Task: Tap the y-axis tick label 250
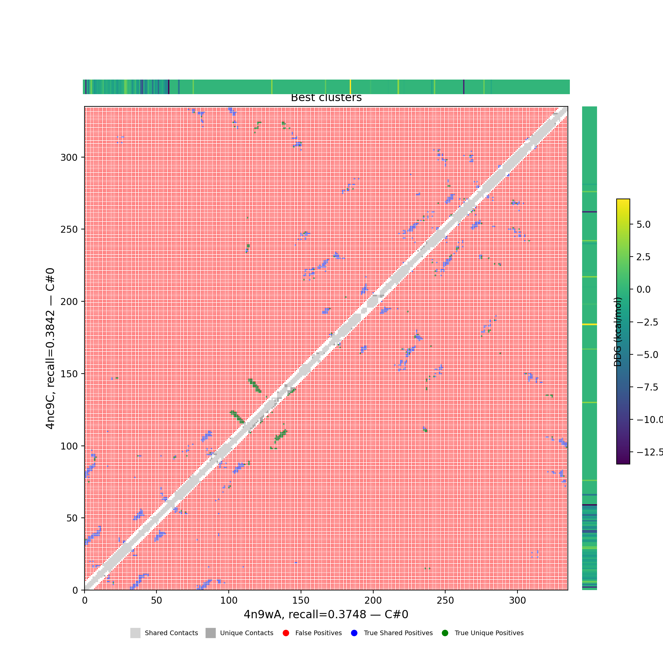pos(69,229)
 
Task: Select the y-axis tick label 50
pos(72,518)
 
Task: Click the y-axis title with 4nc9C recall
pos(50,348)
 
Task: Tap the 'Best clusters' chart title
pos(326,98)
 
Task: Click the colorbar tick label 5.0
pos(643,224)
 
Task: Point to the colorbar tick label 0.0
pos(643,289)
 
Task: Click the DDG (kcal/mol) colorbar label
pos(618,332)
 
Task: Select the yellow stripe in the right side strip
pos(589,324)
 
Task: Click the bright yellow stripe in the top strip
pos(350,87)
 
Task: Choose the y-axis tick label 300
pos(69,157)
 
